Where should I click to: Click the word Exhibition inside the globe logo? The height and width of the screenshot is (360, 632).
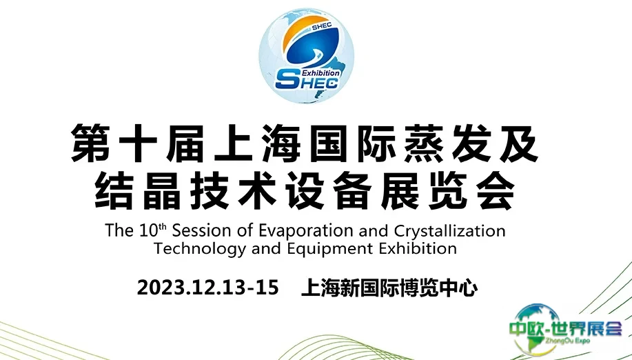point(320,73)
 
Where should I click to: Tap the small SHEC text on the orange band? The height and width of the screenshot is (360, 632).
point(321,26)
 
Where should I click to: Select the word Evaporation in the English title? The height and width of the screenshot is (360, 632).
point(307,231)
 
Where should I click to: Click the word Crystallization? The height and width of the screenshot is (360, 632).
point(449,231)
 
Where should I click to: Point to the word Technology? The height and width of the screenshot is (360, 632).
point(200,248)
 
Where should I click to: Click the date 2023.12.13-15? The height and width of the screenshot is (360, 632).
point(208,288)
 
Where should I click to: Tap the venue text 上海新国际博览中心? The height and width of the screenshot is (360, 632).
point(389,288)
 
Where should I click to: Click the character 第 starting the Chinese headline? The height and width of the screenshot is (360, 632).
point(91,143)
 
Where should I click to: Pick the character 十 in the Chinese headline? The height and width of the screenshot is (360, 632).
point(138,143)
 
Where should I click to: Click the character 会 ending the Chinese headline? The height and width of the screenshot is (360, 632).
point(496,190)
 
